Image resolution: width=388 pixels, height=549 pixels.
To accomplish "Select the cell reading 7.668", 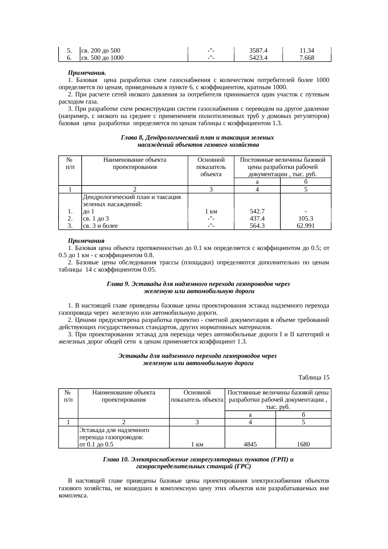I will point(306,58).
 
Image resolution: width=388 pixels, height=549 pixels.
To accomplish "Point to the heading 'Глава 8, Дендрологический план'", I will point(197,138).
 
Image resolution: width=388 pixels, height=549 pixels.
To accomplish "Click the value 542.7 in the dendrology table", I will point(257,211).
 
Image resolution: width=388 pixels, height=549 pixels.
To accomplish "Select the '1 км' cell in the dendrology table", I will point(211,211).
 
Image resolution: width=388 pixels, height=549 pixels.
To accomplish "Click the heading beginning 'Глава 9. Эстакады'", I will point(198,284).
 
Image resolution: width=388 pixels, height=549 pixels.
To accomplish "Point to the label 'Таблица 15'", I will point(314,378).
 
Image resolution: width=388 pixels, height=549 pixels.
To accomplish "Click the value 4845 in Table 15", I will point(250,444).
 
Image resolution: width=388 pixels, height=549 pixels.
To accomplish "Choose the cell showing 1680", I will point(303,444).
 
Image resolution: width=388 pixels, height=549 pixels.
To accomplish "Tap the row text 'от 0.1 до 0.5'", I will point(96,444).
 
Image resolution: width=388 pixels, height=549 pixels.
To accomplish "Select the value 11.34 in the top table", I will point(306,51).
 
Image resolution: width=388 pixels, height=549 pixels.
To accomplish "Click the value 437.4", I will point(257,219).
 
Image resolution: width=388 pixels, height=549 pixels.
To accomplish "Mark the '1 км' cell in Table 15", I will point(197,444).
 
